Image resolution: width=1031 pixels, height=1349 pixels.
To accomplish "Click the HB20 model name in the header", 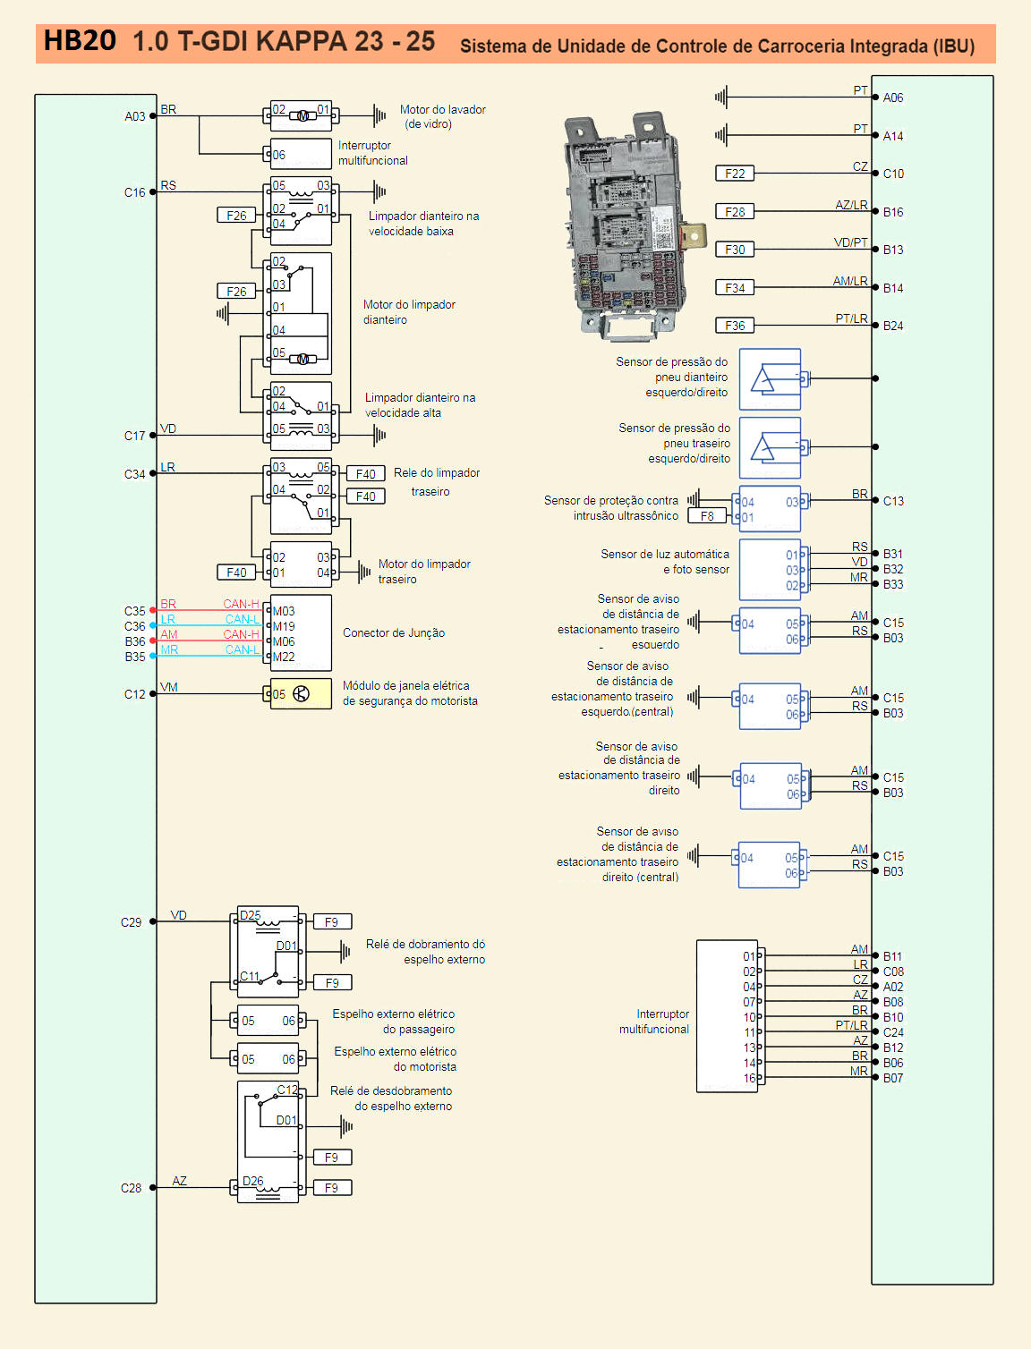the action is point(80,41).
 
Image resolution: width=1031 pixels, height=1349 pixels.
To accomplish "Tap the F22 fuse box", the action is point(734,174).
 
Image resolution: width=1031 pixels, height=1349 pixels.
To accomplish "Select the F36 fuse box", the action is point(734,325).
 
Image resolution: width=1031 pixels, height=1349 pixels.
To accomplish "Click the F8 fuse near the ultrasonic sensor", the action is point(707,516).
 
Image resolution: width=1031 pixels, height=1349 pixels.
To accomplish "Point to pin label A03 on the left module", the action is point(134,116).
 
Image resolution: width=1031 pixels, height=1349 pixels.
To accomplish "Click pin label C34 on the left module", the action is point(134,474).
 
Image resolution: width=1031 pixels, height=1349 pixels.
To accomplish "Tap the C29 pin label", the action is point(131,922).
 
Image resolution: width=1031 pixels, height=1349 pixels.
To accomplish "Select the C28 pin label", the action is point(131,1187).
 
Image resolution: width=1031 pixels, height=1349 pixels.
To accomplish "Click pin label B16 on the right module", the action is point(893,212).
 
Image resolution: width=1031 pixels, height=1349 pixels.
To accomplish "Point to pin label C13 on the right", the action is point(893,501).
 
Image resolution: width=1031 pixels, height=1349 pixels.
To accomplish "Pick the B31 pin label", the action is point(892,554).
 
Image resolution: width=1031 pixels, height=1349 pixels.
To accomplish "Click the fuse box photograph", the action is point(634,226).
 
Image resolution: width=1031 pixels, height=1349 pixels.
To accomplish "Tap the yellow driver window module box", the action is point(301,694).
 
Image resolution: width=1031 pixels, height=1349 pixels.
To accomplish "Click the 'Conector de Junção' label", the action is point(394,632).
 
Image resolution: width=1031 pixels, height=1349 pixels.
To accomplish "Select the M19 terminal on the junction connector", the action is point(284,626).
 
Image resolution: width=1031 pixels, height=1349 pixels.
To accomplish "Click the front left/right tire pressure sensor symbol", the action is point(770,379).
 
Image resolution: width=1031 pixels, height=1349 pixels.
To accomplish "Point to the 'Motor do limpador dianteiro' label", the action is point(409,312).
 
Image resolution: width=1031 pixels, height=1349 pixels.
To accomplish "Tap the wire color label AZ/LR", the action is point(851,205).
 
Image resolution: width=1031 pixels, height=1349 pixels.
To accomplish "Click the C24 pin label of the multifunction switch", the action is point(893,1032).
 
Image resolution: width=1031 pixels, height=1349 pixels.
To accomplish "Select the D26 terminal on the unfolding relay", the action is point(252,1181).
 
